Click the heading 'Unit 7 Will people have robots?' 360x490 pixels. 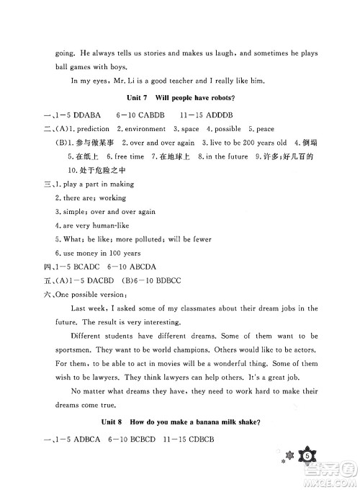[180, 97]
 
